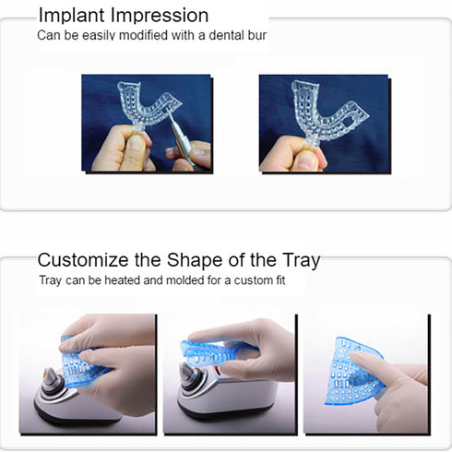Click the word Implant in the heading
tap(70, 16)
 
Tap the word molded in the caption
tap(180, 280)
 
